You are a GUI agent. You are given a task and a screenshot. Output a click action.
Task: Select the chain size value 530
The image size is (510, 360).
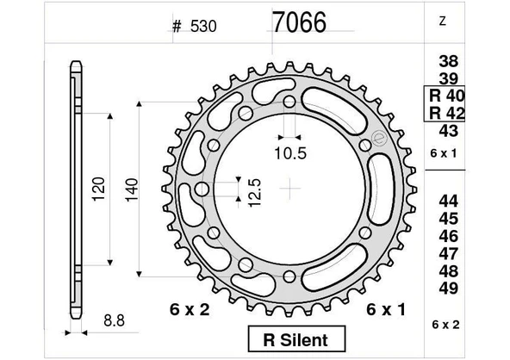point(202,27)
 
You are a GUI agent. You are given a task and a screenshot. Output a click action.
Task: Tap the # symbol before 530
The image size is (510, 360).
point(177,27)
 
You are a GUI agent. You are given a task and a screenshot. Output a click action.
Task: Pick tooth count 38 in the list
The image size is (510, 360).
point(448,62)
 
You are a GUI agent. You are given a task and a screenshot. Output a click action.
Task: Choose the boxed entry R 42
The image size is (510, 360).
point(447,113)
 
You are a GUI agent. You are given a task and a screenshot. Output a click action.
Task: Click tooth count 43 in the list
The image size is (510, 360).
point(448,131)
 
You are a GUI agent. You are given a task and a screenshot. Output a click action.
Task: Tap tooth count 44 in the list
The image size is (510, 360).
point(448,201)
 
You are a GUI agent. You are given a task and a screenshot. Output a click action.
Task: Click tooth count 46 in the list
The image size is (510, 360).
point(448,235)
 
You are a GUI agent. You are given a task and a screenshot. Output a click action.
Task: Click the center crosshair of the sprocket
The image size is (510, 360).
point(293,186)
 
